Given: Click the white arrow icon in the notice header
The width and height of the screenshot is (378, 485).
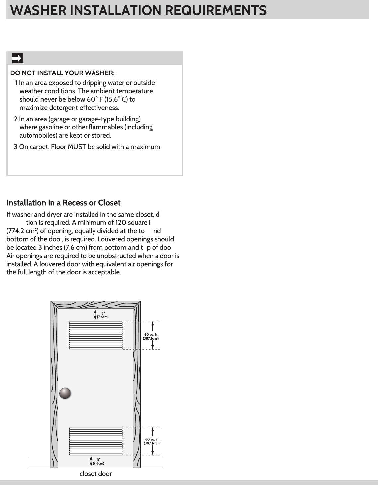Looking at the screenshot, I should tap(17, 58).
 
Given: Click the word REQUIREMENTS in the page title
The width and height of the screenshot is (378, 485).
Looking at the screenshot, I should tap(216, 10).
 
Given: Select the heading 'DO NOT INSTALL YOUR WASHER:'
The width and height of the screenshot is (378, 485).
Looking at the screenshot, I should tap(62, 73).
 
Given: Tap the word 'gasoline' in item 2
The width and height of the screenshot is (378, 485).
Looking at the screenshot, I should tap(51, 127).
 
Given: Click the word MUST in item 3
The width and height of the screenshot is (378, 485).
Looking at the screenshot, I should tap(77, 147).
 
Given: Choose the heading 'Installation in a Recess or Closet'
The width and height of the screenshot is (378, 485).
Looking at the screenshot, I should tap(63, 203).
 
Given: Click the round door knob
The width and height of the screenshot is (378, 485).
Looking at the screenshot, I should tap(65, 393).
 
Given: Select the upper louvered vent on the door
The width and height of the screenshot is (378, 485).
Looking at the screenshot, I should tap(96, 335).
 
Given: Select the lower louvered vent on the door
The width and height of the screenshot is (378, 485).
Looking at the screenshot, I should tap(96, 441).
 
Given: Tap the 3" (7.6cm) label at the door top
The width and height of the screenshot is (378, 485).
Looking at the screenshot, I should tap(103, 315).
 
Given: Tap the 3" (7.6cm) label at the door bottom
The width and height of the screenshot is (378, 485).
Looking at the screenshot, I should tap(98, 461).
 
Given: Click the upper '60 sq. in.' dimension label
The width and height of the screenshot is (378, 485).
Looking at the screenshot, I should tap(151, 336).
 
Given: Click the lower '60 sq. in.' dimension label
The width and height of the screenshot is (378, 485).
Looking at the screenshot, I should tap(152, 441).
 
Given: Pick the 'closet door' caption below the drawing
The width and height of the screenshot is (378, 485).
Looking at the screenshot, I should tap(95, 474).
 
